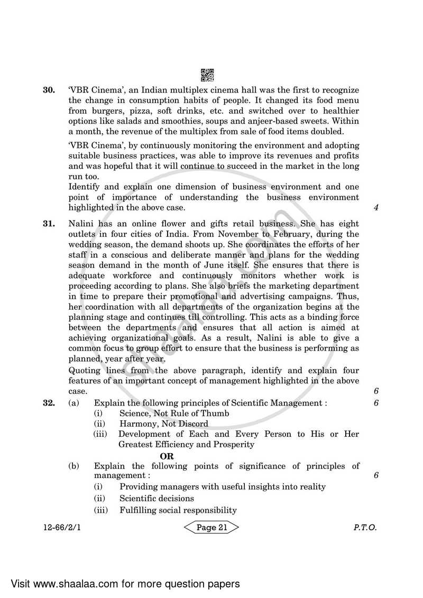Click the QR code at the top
(208, 75)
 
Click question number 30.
(49, 90)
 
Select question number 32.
(49, 403)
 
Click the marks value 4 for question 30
(376, 208)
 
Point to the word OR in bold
(167, 455)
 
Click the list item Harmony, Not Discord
(164, 424)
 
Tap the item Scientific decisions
(157, 498)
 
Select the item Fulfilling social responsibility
(178, 510)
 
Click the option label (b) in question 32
(74, 466)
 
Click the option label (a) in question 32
(74, 403)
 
